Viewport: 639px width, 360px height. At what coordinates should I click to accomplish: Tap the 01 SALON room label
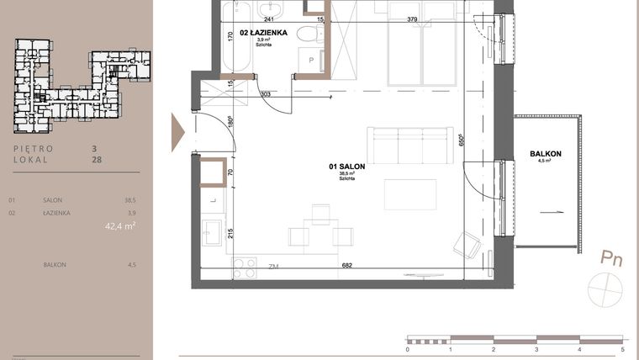346,168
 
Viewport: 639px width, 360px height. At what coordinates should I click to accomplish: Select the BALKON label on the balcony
546,154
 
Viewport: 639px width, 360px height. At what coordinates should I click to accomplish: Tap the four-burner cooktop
243,267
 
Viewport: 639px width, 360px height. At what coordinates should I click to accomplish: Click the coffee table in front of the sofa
410,195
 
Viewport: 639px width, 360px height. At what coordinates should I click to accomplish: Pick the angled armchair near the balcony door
467,245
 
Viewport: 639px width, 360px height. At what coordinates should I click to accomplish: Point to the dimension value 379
412,19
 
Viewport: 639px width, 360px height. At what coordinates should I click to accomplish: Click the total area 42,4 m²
120,225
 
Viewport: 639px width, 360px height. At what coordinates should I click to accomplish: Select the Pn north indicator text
611,259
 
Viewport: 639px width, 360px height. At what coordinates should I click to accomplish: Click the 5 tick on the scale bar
622,348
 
